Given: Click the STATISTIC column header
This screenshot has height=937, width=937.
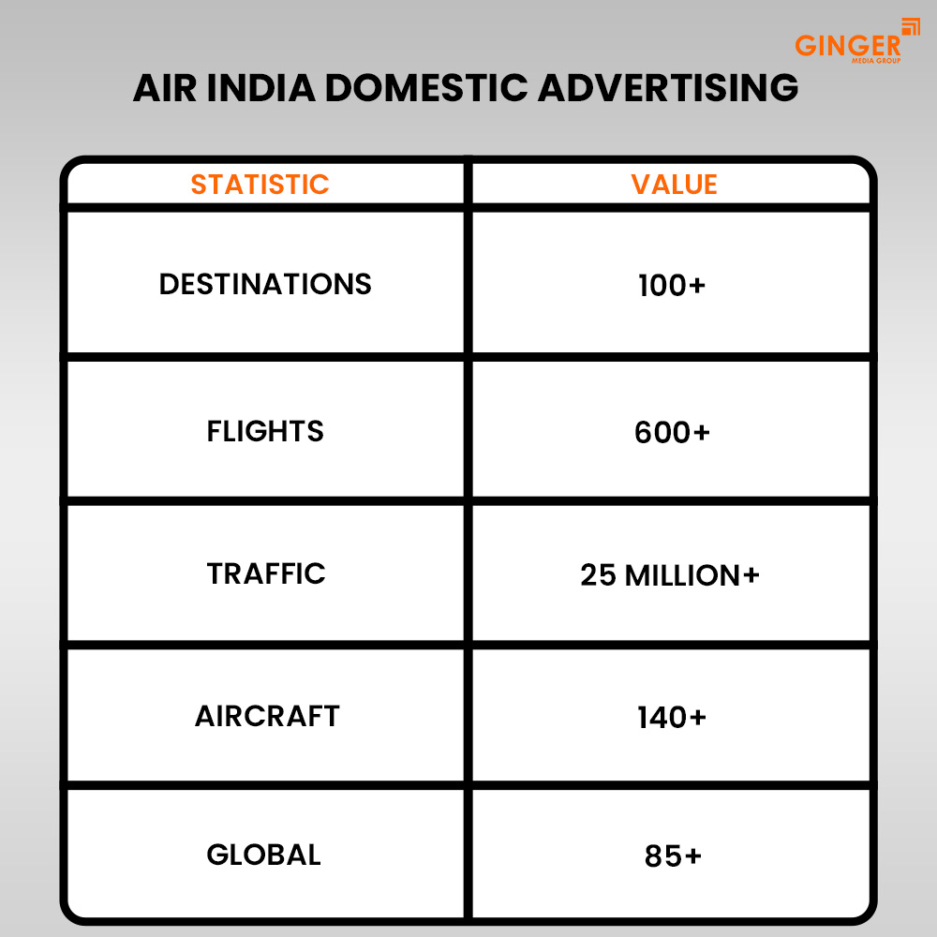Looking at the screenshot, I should [260, 185].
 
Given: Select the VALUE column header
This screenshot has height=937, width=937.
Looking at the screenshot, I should [674, 185].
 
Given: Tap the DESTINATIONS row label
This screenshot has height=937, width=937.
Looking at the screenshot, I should [265, 284].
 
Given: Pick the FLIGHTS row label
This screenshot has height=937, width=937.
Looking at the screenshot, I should [265, 431].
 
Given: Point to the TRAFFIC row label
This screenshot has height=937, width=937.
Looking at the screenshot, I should [266, 573].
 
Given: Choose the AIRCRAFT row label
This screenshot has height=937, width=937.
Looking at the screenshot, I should [267, 716].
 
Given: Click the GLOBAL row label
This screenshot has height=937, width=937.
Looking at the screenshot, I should [263, 855].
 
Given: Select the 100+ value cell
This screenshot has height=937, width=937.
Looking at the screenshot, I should [671, 286].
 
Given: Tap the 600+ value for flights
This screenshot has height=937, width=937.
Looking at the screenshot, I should [672, 433].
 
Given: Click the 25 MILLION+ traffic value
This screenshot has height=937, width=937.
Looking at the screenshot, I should [670, 575].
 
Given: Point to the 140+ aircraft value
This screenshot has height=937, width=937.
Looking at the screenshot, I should [672, 718].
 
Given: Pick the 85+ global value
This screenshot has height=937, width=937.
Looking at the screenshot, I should [673, 856].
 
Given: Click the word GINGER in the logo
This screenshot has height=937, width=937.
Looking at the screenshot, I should [847, 45].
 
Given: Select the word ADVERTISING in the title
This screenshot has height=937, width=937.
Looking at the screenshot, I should [668, 87].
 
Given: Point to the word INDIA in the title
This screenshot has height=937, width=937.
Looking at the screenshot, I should [256, 87].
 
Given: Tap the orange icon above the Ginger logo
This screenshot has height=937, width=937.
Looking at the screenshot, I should [910, 27].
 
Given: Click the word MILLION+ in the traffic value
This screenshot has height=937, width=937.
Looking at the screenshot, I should [692, 575].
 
